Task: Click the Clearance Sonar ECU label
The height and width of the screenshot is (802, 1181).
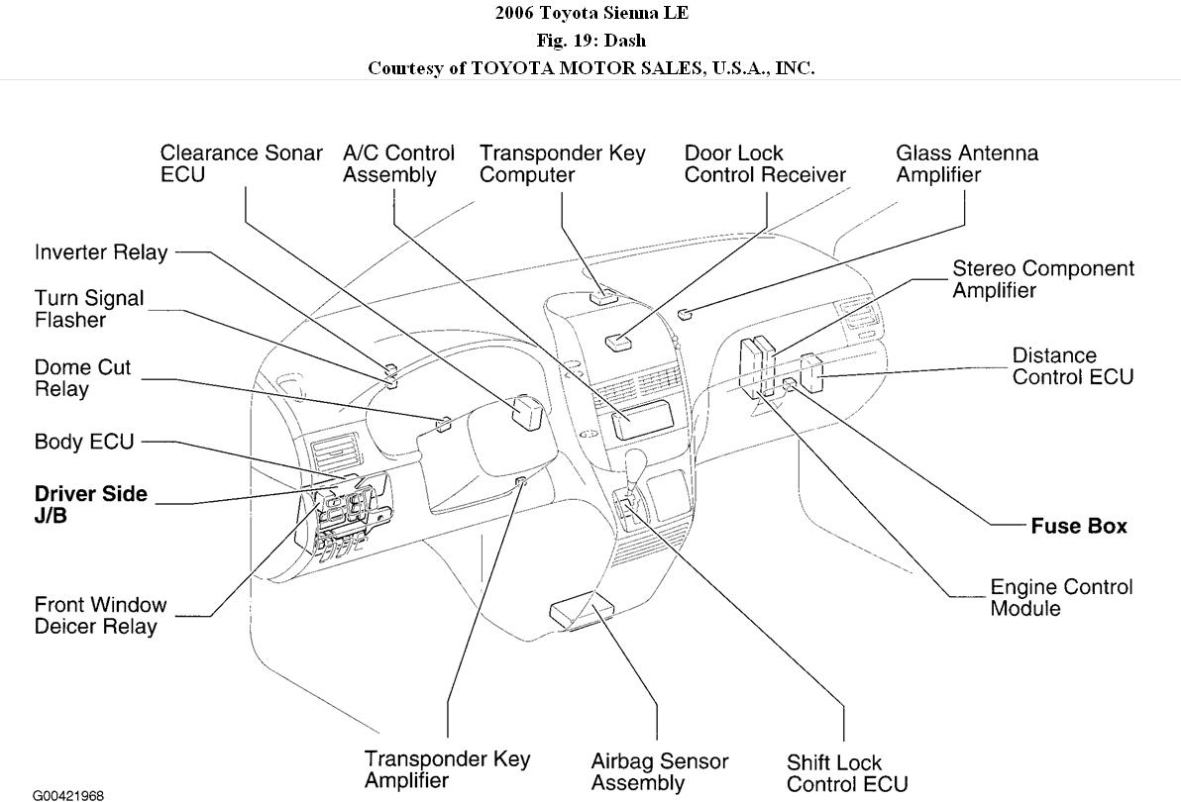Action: point(241,164)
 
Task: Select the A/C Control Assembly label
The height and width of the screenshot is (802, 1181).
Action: point(398,164)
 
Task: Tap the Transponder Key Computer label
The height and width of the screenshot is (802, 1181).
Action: point(562,164)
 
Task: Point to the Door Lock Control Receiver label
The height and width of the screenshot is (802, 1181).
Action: point(765,164)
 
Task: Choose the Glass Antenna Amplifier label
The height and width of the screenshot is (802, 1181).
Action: point(967,164)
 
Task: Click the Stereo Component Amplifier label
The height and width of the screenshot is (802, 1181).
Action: point(1042,279)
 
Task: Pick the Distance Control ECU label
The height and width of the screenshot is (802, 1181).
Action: point(1072,366)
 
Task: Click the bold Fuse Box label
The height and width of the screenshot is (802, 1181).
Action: point(1079,527)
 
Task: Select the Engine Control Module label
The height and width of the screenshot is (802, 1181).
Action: point(1061,598)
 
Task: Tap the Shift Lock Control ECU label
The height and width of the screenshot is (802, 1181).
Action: point(846,773)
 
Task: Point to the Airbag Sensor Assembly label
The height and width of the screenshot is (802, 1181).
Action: point(659,772)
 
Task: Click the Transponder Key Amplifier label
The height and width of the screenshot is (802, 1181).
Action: point(447,769)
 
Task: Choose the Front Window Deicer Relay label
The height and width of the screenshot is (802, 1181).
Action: point(100,615)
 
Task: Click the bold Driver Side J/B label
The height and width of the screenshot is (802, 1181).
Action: point(90,504)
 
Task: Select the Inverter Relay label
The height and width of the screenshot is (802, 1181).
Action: point(101,252)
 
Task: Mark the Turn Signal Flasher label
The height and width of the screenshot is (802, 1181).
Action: point(89,309)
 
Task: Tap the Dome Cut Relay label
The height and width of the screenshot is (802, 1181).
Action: point(82,378)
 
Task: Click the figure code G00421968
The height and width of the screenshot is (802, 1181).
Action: point(67,795)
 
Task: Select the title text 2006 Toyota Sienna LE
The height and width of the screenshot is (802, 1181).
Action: point(590,13)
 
